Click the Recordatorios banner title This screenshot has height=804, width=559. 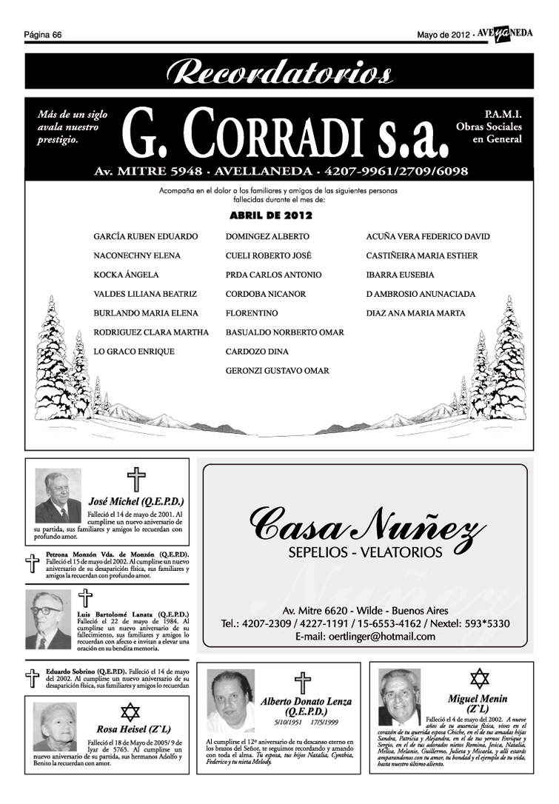279,73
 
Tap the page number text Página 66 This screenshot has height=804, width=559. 42,35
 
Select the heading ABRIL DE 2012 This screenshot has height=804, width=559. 271,215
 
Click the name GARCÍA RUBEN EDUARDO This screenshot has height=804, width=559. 146,236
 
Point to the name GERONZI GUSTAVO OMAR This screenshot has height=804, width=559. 278,371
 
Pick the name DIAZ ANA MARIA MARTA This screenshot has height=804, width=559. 415,313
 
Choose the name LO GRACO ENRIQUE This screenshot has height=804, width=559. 134,352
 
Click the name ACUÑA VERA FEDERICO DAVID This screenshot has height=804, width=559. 428,236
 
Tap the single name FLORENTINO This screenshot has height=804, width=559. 252,313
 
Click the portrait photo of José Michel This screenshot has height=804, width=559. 58,497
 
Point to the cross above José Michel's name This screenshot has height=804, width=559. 135,479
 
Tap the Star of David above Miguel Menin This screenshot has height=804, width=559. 480,678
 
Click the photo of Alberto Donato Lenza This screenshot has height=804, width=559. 230,701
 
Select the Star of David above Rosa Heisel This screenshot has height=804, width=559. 130,712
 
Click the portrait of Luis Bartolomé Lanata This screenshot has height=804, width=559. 48,620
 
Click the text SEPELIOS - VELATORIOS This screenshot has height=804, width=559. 365,552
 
